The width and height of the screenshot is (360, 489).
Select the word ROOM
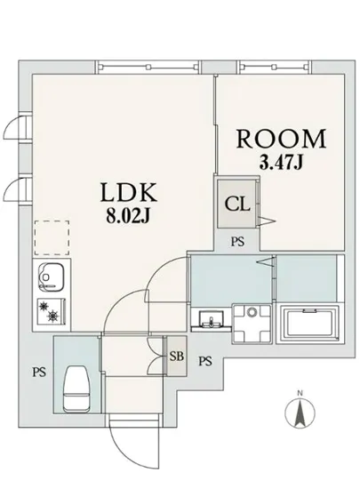click(280, 139)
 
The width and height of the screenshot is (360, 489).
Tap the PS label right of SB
click(206, 361)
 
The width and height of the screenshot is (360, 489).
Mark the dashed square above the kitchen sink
click(49, 237)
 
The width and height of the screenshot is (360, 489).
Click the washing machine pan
click(253, 322)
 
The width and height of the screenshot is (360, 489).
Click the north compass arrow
click(300, 414)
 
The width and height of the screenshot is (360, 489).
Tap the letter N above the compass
click(300, 393)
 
